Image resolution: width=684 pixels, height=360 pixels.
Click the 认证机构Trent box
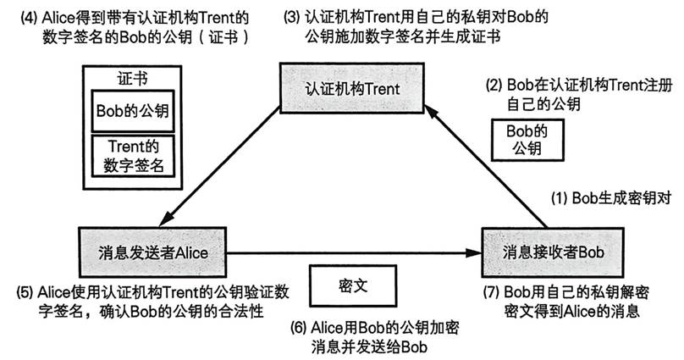(351, 90)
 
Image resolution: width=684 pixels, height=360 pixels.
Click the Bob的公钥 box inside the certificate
(132, 111)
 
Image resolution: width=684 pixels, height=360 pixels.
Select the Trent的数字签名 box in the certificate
(132, 155)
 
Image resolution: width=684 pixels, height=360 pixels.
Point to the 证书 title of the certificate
(132, 77)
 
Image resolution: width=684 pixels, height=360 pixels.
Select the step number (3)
(290, 15)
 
